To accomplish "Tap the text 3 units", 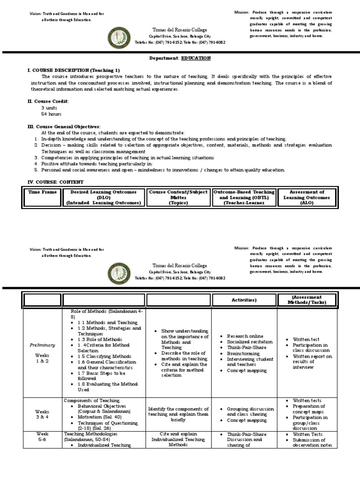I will (49, 107).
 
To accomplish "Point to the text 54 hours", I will (51, 114).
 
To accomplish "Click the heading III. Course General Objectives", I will (64, 127).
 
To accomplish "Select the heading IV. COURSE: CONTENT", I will (56, 181).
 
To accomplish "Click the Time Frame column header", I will (43, 192).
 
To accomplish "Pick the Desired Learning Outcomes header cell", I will (104, 197).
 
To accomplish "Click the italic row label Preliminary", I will (43, 345).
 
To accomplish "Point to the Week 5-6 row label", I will (43, 437).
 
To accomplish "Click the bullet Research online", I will (245, 336).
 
